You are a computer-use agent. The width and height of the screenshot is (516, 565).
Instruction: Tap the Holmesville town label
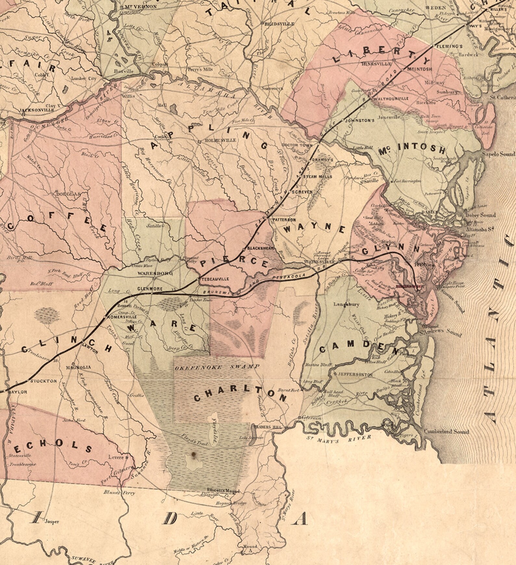(220, 141)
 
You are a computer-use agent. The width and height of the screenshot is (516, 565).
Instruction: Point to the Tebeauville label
(215, 279)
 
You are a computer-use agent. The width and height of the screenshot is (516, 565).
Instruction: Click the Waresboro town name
(155, 273)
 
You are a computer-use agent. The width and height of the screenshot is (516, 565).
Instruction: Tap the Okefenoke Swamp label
(217, 367)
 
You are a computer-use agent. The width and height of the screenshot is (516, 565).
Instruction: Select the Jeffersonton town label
(355, 374)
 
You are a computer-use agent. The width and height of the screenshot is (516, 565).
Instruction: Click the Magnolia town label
(78, 368)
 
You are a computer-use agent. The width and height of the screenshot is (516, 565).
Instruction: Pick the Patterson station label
(284, 220)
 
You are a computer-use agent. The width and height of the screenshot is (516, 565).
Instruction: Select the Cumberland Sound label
(446, 432)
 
